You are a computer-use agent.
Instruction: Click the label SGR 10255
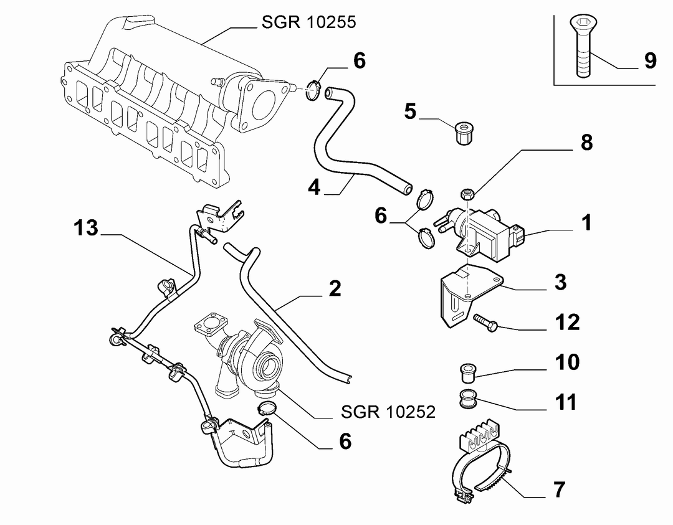308,22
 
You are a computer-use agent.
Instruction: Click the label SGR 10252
388,412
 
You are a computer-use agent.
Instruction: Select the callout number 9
650,60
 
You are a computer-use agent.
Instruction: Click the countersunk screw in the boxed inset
583,45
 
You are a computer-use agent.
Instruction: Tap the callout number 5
410,111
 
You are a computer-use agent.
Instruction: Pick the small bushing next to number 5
464,133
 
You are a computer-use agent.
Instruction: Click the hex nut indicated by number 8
467,194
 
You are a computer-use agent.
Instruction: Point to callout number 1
587,222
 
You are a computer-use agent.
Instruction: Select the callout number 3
561,282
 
